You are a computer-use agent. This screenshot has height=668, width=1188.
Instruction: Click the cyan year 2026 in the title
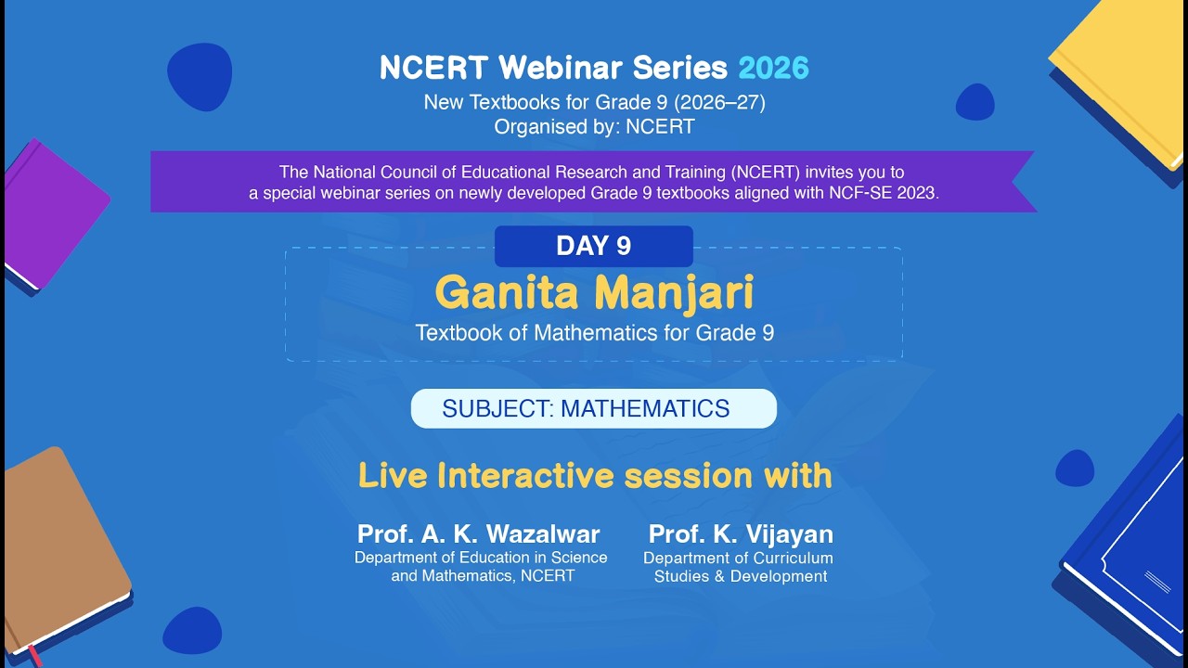pos(773,68)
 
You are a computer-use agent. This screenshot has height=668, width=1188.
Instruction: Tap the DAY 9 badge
pos(593,246)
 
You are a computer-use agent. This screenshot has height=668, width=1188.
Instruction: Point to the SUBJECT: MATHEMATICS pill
pos(593,408)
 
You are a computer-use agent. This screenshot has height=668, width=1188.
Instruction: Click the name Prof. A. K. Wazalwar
pos(479,534)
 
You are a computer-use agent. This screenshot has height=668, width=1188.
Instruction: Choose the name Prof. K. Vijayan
pos(741,534)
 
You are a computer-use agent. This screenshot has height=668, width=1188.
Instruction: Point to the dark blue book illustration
pos(1128,547)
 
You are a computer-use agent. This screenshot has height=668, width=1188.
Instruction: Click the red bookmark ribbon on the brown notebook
pos(33,653)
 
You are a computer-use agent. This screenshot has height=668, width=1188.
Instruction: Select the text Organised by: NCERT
pos(594,127)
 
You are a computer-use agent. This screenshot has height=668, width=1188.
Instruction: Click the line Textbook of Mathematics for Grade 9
pos(594,333)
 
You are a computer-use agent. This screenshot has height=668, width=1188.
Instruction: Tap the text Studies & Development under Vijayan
pos(740,576)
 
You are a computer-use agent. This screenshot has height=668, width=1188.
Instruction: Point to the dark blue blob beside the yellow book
pos(975,102)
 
